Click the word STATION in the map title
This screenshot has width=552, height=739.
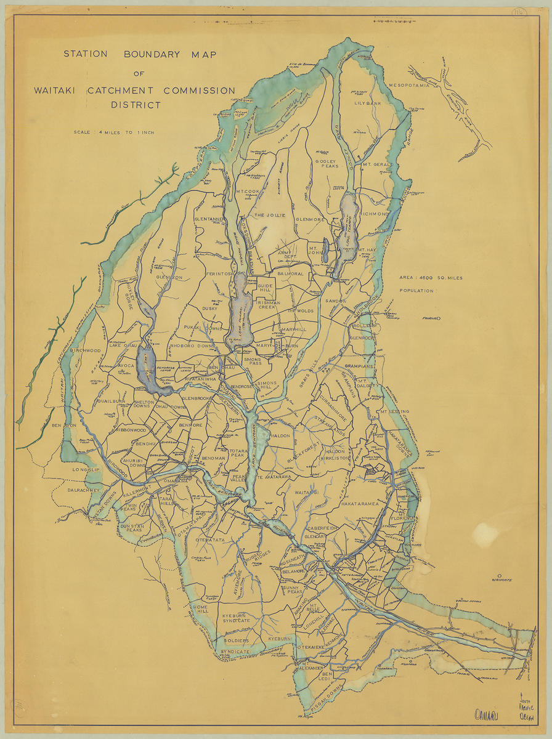86,54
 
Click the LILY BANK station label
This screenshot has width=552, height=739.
368,103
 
